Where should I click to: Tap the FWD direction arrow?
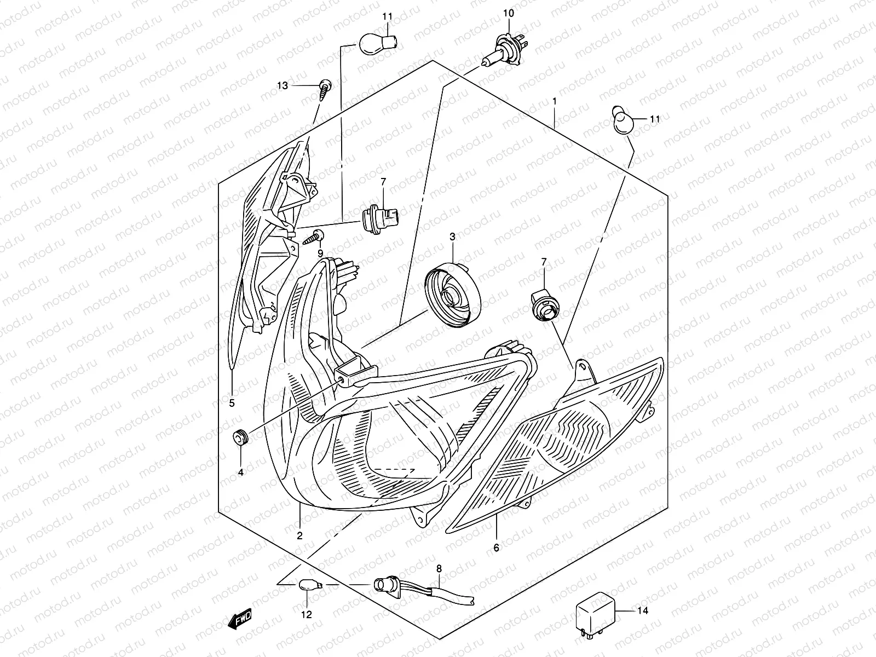pyautogui.click(x=240, y=619)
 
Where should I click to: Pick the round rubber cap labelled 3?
pyautogui.click(x=453, y=294)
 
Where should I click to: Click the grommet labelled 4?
pyautogui.click(x=240, y=437)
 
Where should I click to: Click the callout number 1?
pyautogui.click(x=555, y=101)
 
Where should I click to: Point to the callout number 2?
pyautogui.click(x=299, y=536)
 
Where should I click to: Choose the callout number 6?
pyautogui.click(x=496, y=547)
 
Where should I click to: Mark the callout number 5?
pyautogui.click(x=232, y=404)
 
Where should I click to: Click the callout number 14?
pyautogui.click(x=643, y=610)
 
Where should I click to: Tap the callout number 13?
pyautogui.click(x=282, y=86)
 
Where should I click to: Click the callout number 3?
pyautogui.click(x=452, y=237)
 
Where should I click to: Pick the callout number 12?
pyautogui.click(x=306, y=614)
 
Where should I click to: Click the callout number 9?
pyautogui.click(x=320, y=253)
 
